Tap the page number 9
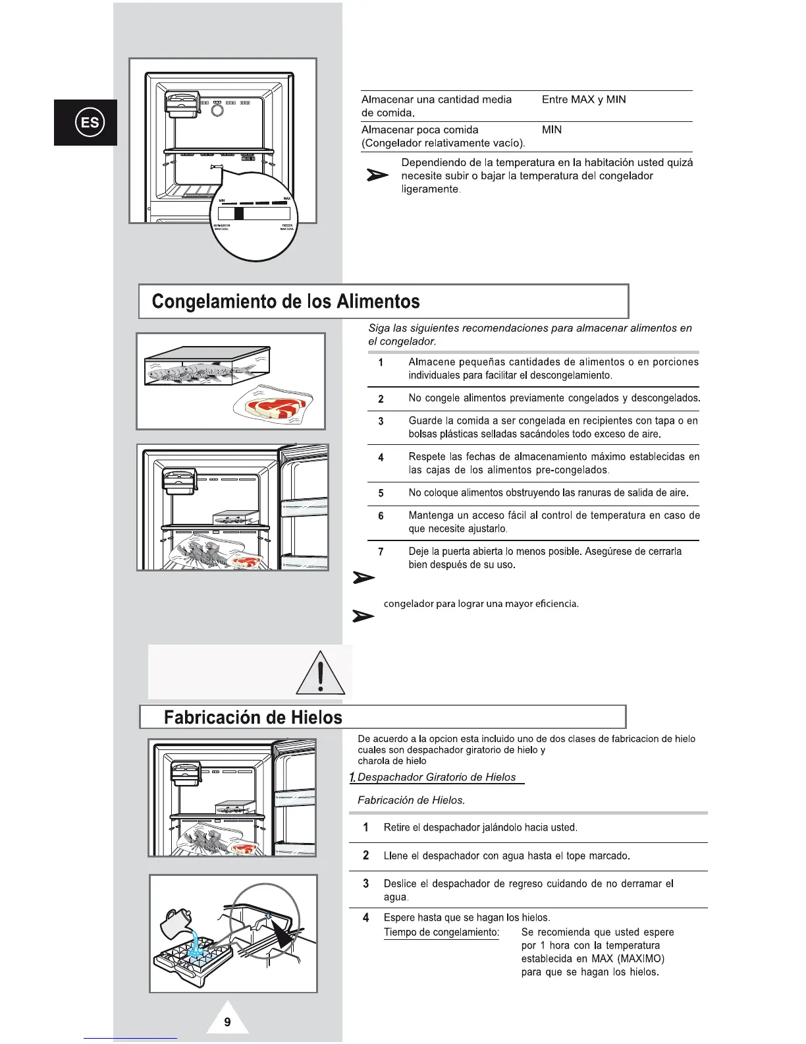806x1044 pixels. (x=227, y=1022)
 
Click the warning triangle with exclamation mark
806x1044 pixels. (x=320, y=674)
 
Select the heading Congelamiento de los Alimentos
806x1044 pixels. (x=286, y=302)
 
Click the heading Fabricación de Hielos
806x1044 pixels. (x=253, y=717)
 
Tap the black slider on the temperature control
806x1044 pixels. (x=239, y=214)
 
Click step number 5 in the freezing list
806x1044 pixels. (x=381, y=493)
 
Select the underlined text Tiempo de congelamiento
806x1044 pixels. (x=441, y=932)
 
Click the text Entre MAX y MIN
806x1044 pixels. (x=583, y=100)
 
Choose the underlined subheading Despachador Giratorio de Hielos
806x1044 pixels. (x=436, y=777)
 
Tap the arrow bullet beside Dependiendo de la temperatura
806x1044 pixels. (x=377, y=175)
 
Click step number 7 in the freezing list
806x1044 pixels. (x=381, y=552)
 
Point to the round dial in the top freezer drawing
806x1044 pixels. (x=217, y=109)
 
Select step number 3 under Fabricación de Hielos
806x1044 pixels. (x=366, y=884)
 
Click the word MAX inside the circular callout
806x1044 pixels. (x=286, y=198)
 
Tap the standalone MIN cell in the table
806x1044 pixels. (x=552, y=130)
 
